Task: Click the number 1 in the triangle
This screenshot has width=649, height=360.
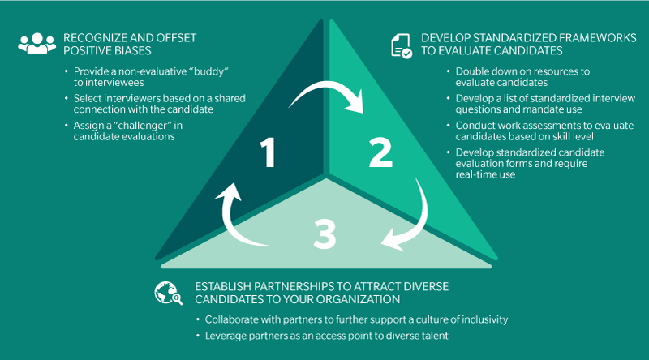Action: (x=269, y=153)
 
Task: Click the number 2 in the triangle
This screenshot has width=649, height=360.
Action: (x=381, y=153)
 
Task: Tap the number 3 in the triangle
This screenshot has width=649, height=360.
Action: (x=324, y=234)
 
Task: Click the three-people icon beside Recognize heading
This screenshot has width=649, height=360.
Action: (x=33, y=45)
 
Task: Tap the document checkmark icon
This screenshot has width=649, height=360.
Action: (x=402, y=45)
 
